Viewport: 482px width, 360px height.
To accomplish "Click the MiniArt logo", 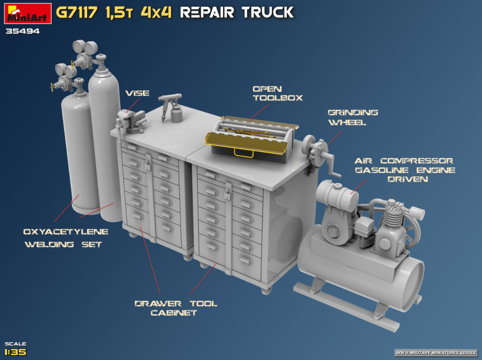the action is point(28,13).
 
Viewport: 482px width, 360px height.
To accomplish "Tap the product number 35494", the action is point(22,31).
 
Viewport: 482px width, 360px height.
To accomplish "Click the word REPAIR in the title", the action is point(207,13).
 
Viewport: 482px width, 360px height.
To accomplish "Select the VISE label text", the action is point(137,93).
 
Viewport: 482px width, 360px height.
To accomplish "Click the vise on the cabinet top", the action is point(131,121).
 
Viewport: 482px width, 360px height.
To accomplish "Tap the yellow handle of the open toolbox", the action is point(244,153).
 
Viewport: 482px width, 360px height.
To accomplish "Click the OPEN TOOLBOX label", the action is point(278,93).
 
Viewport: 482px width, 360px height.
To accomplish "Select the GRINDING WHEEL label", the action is point(352,117).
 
